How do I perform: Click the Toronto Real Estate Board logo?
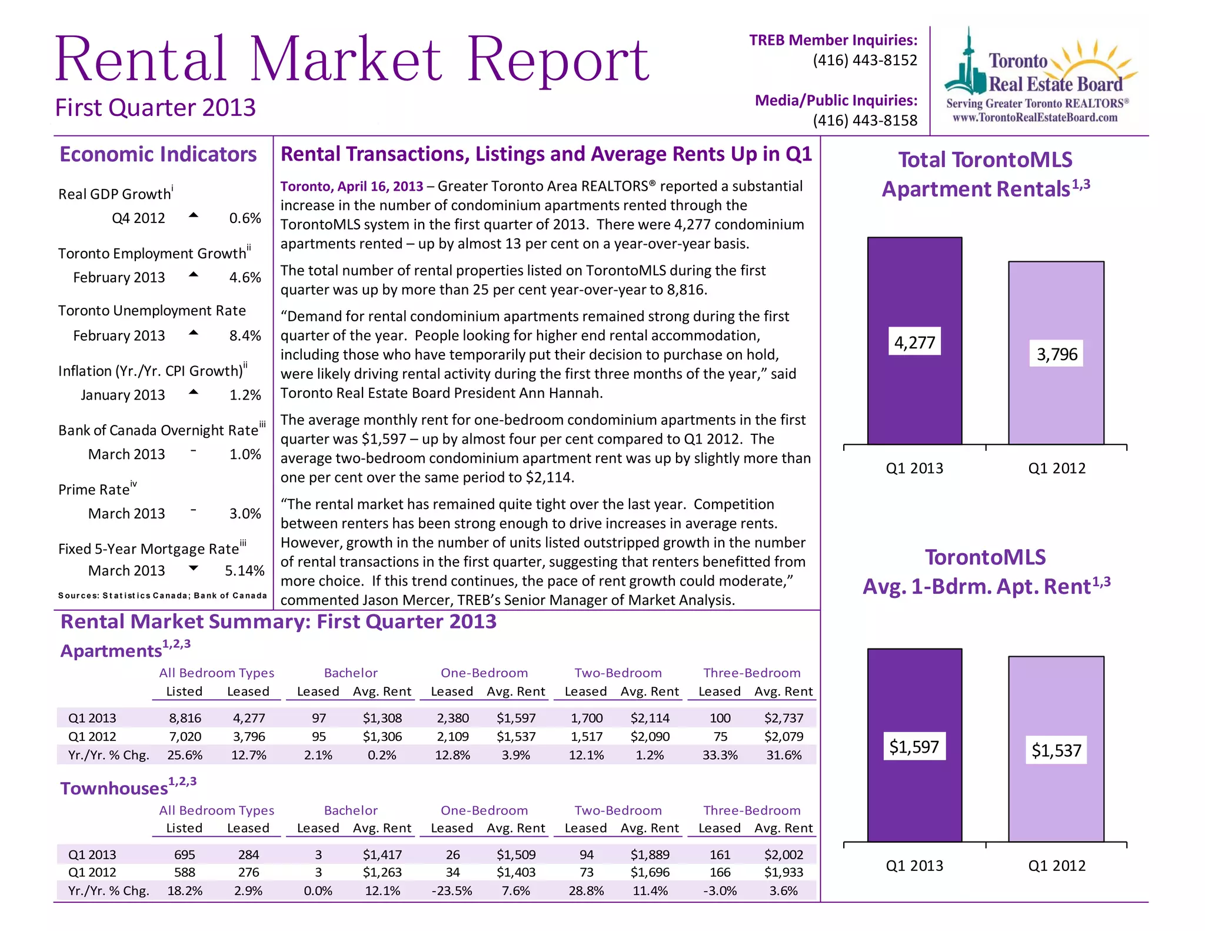click(x=1038, y=77)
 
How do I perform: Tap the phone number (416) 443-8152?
click(x=864, y=60)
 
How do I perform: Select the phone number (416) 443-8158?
click(x=864, y=121)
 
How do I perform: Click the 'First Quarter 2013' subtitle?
click(x=155, y=108)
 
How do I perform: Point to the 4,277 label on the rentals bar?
click(x=914, y=342)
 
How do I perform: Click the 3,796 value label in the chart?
click(x=1057, y=354)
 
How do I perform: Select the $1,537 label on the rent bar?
click(x=1056, y=750)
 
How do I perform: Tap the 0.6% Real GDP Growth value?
click(x=245, y=218)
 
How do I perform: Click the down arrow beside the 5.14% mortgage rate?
click(x=193, y=568)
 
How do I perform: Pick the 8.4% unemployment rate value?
click(x=245, y=335)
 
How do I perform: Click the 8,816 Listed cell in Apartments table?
click(x=185, y=718)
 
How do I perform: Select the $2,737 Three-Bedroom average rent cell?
click(x=783, y=718)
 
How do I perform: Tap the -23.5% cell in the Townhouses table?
click(x=452, y=891)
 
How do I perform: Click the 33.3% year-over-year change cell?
click(x=720, y=755)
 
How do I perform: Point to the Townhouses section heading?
click(x=114, y=789)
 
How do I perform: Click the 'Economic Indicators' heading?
click(x=158, y=154)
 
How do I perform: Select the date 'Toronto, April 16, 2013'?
click(x=351, y=187)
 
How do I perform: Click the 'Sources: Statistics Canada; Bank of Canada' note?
click(x=162, y=596)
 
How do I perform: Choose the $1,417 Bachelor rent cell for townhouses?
click(x=382, y=854)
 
